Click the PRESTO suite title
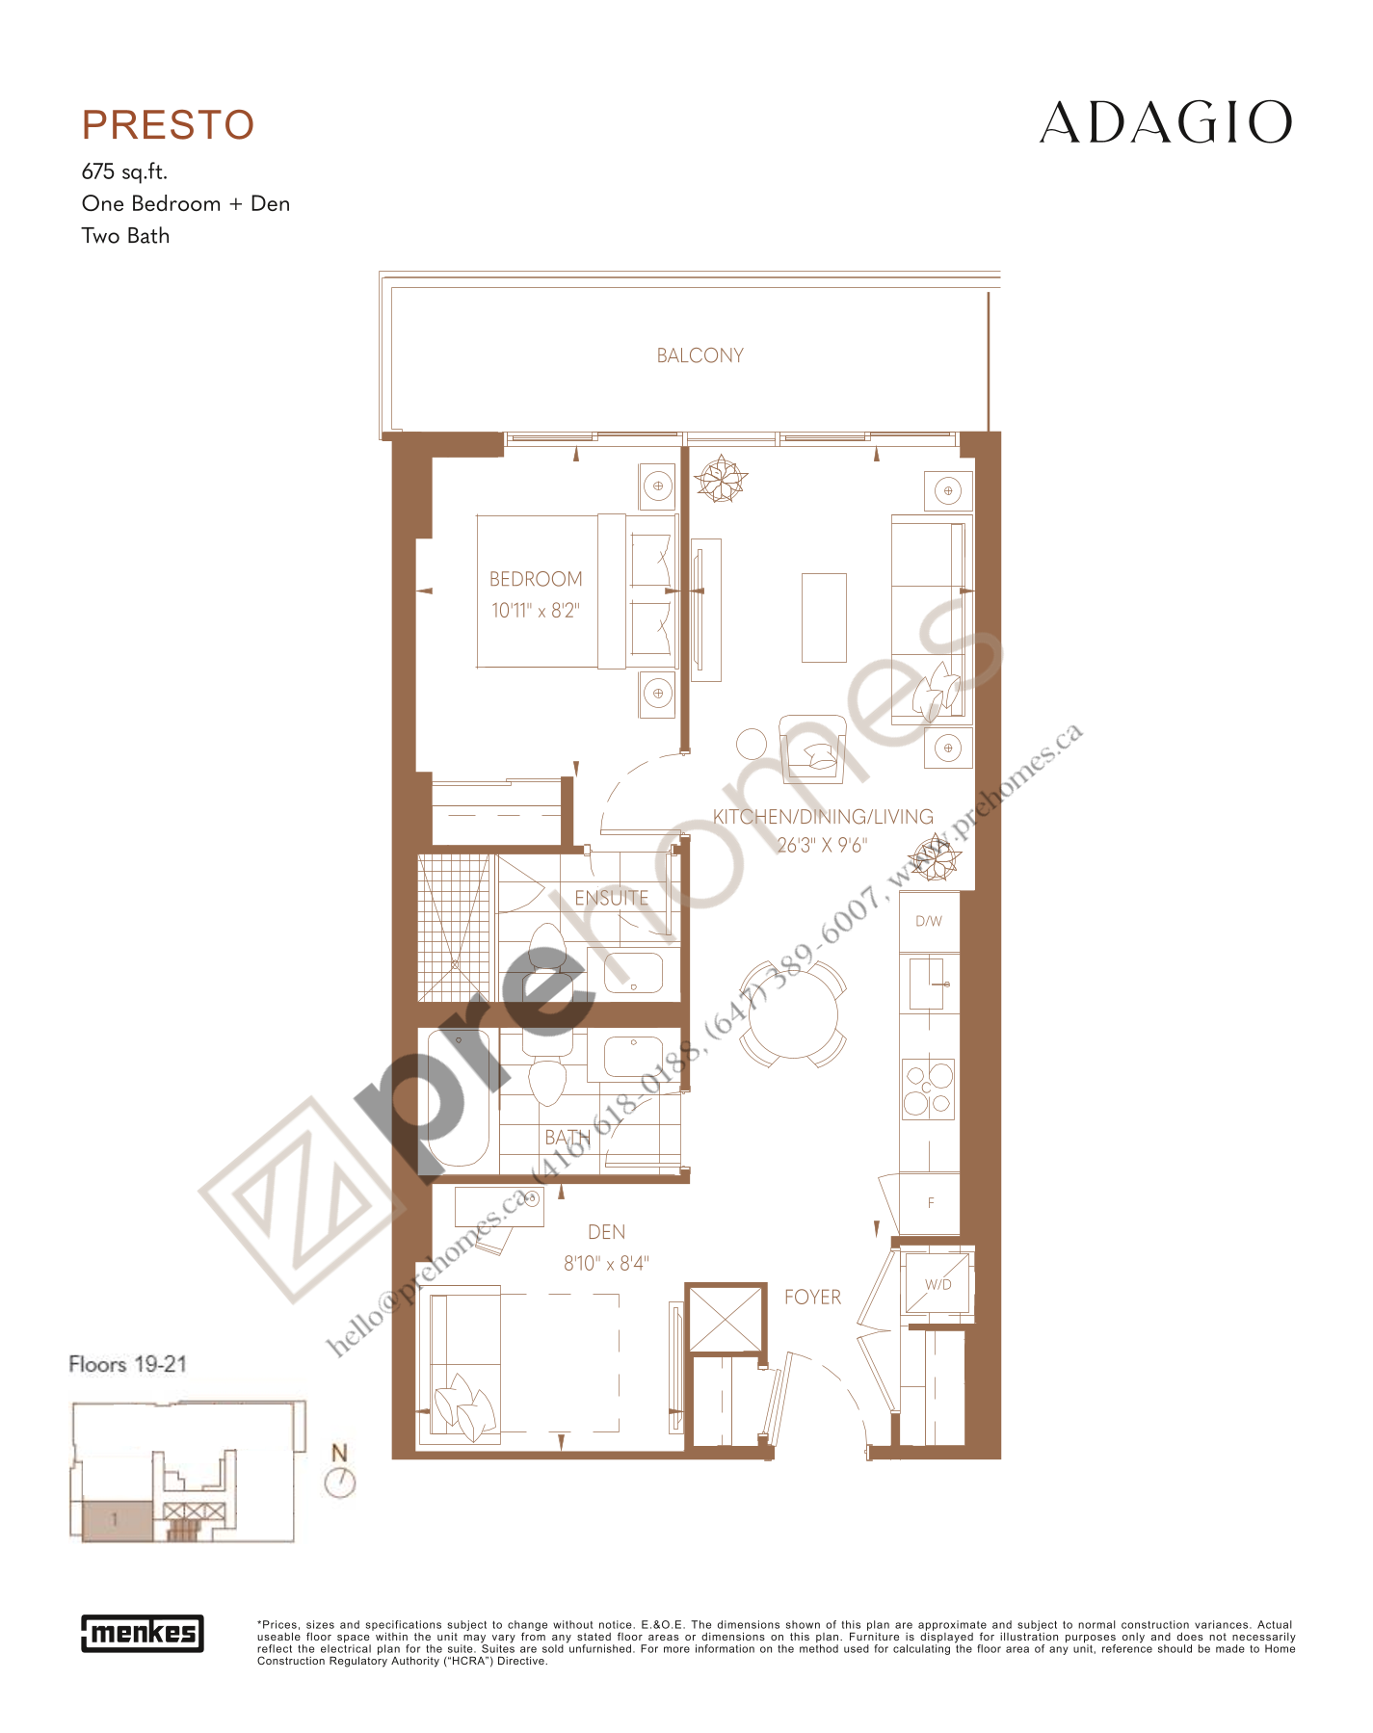[x=168, y=125]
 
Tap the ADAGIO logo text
[x=1165, y=123]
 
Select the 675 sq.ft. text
[x=124, y=171]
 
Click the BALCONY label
[x=700, y=355]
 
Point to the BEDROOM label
[x=536, y=579]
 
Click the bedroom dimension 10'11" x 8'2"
[x=536, y=610]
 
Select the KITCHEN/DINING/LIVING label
[x=823, y=817]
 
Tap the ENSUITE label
[x=611, y=898]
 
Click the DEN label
[x=606, y=1232]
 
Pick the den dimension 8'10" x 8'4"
[x=606, y=1263]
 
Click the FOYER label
[x=812, y=1297]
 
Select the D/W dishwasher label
[x=929, y=922]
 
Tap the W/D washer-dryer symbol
[x=937, y=1283]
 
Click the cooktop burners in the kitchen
[x=928, y=1089]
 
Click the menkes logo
[x=143, y=1633]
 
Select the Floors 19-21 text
[x=127, y=1364]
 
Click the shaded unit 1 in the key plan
[x=116, y=1520]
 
